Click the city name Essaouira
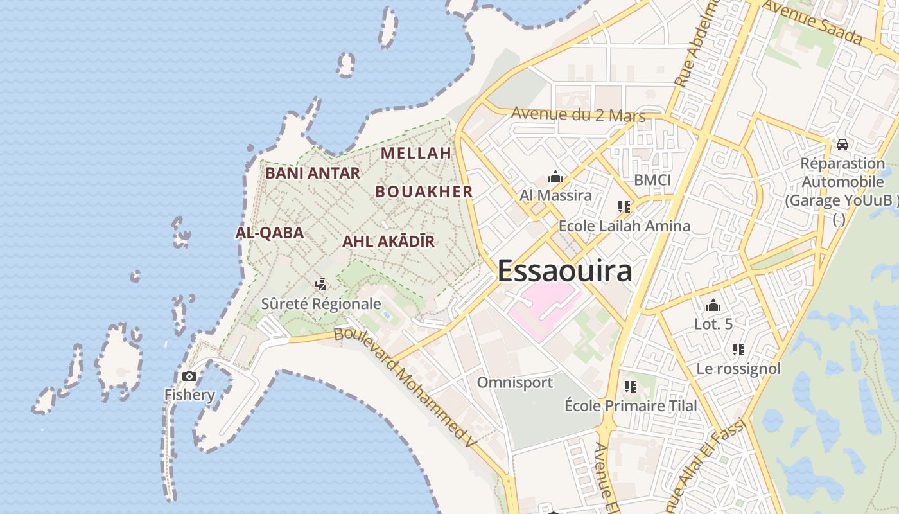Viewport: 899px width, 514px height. [x=564, y=270]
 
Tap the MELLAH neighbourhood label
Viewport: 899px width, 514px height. [x=416, y=153]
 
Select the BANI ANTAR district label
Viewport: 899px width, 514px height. [x=313, y=173]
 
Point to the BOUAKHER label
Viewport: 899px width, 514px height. [x=424, y=191]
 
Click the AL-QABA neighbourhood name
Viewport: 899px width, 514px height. [x=270, y=233]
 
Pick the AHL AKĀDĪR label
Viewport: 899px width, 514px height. [x=388, y=242]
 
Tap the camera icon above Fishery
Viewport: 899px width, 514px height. [x=189, y=376]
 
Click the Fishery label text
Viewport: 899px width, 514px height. [x=189, y=394]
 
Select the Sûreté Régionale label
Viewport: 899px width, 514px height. [x=321, y=304]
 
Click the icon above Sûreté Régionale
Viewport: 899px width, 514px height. [x=321, y=283]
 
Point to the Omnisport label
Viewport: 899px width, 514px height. [x=514, y=382]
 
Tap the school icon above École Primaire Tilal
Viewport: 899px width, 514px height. [x=630, y=387]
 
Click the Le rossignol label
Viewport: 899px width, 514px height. [x=738, y=369]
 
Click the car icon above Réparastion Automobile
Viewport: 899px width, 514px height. [x=842, y=145]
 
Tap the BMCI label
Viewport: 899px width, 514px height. [x=652, y=179]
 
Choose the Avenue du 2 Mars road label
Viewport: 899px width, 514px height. [x=578, y=115]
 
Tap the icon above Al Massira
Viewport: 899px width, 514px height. [x=555, y=177]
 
